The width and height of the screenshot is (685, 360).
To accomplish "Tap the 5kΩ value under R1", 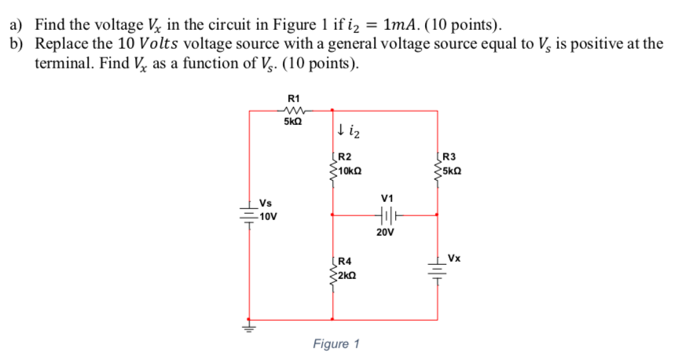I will point(295,123).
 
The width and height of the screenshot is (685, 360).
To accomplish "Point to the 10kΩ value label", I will point(350,170).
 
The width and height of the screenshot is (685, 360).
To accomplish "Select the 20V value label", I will point(385,233).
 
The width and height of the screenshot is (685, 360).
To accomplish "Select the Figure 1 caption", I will point(336,343).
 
